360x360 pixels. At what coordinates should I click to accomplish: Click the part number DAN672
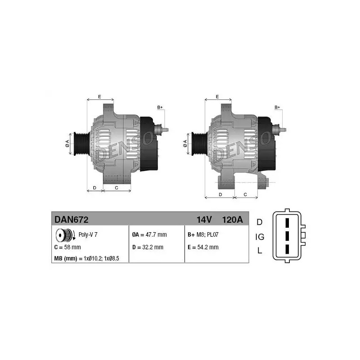click(x=72, y=220)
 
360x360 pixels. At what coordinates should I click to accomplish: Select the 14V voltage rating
click(x=204, y=220)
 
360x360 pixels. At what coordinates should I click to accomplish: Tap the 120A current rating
click(x=232, y=220)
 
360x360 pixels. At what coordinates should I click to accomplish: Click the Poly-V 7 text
click(x=88, y=234)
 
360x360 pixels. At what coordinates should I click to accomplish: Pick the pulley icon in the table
click(x=65, y=235)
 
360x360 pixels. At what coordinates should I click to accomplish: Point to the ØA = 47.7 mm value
click(x=149, y=234)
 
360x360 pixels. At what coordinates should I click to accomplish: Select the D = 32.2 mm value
click(x=148, y=247)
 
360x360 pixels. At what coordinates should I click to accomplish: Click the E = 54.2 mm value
click(x=203, y=247)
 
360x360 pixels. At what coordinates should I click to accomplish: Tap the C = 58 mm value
click(x=67, y=247)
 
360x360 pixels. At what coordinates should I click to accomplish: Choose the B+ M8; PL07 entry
click(x=203, y=234)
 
